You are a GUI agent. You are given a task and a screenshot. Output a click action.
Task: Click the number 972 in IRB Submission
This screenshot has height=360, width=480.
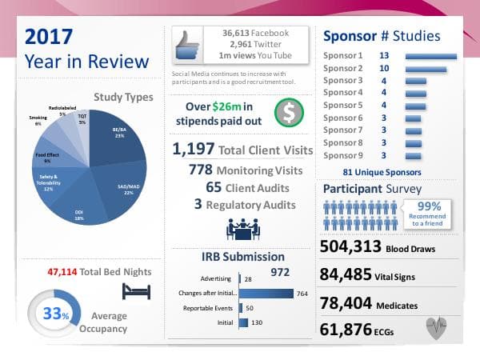[280, 272]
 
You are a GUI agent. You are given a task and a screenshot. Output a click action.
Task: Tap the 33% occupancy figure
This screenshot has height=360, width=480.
[54, 314]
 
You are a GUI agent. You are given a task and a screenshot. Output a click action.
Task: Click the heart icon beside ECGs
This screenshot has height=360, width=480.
[439, 328]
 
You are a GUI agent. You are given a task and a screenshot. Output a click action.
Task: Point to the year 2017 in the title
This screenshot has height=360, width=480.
[49, 36]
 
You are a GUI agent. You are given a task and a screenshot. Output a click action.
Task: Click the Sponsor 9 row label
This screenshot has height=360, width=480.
[343, 155]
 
